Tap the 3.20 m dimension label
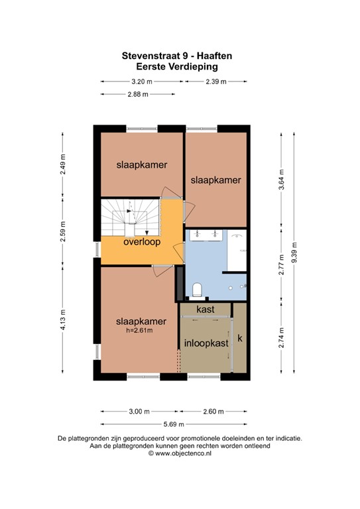tap(142, 82)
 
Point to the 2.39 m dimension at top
tap(216, 82)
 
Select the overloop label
tap(142, 242)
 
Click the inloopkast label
tap(206, 343)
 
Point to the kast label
tap(205, 310)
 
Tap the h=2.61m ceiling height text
tap(139, 331)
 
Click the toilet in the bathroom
tap(197, 289)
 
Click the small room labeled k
tap(241, 339)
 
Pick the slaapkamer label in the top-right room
tap(215, 180)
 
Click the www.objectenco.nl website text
tap(180, 454)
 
